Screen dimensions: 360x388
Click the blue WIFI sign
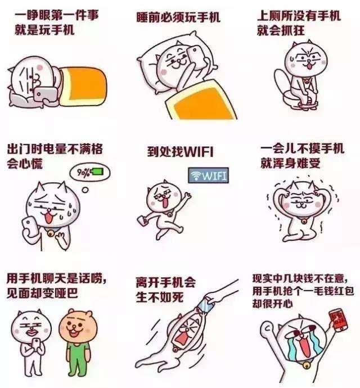coord(208,175)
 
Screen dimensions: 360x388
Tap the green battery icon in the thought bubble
coord(97,172)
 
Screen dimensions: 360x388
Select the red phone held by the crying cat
coord(338,320)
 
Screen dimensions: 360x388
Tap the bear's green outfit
coord(78,357)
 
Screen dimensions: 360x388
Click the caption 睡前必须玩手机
coord(178,17)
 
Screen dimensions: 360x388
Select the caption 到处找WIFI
coord(180,152)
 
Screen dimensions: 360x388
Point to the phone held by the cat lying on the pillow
coord(196,57)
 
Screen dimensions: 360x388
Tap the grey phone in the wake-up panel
coord(46,94)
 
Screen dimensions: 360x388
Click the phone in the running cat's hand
coord(142,220)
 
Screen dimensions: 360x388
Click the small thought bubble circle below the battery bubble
coord(85,190)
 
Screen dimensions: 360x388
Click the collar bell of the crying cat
coord(306,365)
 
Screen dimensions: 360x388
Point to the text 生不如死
coord(160,297)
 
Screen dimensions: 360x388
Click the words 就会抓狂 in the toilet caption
coord(281,31)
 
